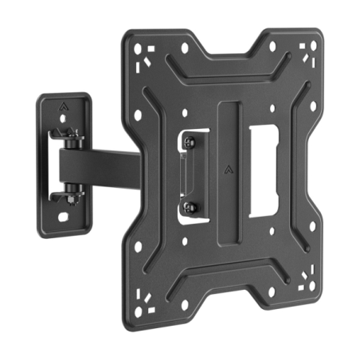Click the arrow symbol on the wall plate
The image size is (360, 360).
pos(65,105)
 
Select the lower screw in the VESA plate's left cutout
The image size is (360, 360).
pos(187,209)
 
